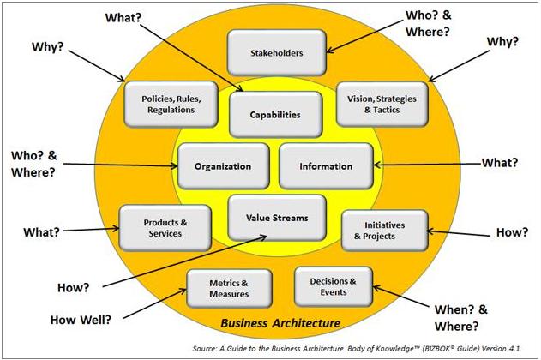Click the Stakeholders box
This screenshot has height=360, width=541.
point(276,52)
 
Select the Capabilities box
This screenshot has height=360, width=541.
point(276,114)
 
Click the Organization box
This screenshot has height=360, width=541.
point(222,166)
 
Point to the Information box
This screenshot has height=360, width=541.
point(327,166)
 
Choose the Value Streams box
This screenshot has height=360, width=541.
point(267,217)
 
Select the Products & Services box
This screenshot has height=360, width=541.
point(165,228)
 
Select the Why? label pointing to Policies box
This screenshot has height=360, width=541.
point(50,45)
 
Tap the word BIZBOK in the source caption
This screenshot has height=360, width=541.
point(462,347)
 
